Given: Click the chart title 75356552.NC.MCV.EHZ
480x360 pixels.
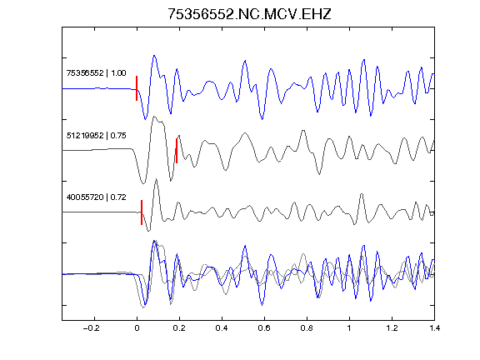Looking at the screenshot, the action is click(249, 14).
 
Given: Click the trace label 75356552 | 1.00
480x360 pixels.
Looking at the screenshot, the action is click(96, 73).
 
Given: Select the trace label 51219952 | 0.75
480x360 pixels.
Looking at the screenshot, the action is click(96, 136).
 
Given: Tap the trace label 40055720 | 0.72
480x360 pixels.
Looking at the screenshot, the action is click(96, 197).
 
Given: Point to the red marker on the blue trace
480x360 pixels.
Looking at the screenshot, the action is click(137, 88).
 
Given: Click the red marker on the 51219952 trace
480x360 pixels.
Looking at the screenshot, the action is click(177, 151).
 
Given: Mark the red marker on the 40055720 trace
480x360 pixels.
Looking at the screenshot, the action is click(142, 212).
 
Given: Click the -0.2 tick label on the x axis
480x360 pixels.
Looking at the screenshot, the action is click(92, 328).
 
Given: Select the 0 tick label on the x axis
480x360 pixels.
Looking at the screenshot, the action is click(137, 328).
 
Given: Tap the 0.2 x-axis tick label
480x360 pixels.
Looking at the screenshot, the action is click(179, 328).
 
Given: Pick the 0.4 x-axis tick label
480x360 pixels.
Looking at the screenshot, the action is click(222, 328).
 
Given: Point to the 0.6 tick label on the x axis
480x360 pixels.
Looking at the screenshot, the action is click(264, 328).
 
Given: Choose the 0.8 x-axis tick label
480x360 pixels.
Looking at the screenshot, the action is click(307, 328).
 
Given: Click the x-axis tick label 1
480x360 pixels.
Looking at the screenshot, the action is click(349, 328).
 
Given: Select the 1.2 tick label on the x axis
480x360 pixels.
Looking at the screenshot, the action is click(392, 328).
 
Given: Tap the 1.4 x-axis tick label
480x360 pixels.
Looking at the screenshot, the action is click(434, 328).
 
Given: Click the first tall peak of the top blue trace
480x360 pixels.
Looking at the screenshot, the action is click(154, 56).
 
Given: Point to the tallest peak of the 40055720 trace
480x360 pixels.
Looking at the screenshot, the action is click(157, 179).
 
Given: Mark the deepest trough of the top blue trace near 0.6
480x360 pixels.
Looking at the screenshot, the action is click(262, 119).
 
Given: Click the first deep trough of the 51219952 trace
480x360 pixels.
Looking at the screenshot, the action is click(143, 183).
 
